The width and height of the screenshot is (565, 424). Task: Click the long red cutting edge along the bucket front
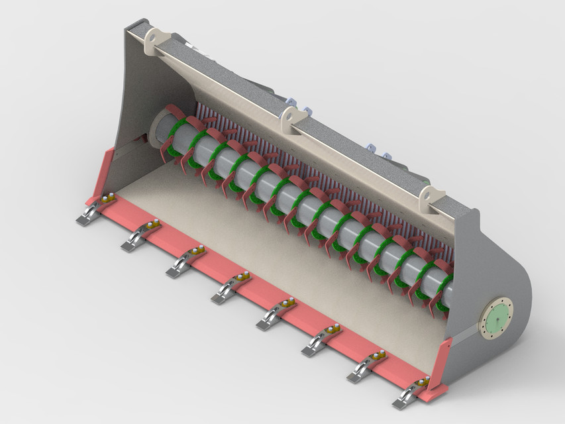(x=265, y=285)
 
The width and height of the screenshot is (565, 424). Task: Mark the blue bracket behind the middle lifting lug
(x=306, y=109)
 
